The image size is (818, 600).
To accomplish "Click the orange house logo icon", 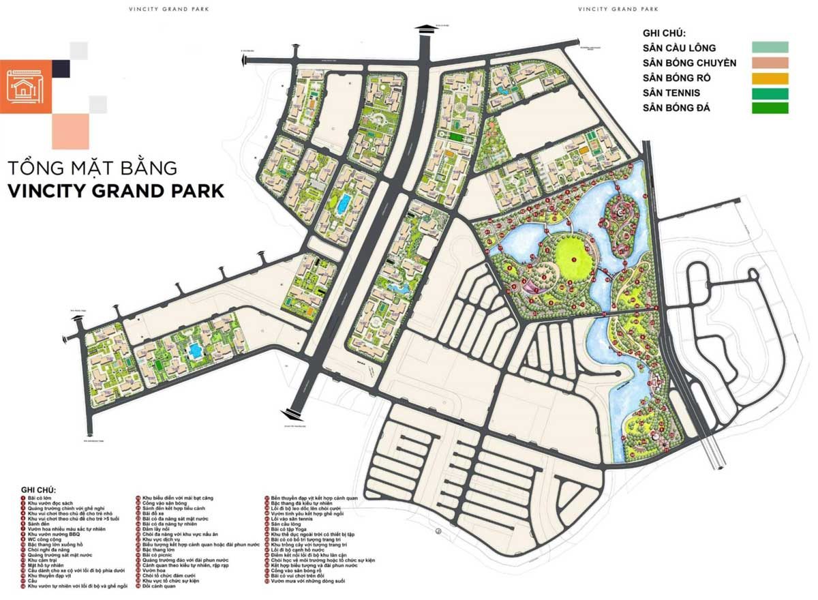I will [26, 87].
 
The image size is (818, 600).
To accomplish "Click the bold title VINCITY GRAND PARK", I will [116, 190].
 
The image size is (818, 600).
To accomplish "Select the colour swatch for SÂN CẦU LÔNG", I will [770, 48].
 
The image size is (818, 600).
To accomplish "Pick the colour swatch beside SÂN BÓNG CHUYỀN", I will [770, 63].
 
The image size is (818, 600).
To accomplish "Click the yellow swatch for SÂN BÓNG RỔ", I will [770, 78].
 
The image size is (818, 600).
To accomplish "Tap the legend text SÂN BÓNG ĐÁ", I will [676, 108].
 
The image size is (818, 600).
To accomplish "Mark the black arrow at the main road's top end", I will [423, 30].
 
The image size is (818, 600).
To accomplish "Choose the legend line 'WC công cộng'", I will [47, 539].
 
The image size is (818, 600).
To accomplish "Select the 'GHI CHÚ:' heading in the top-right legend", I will [663, 33].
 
